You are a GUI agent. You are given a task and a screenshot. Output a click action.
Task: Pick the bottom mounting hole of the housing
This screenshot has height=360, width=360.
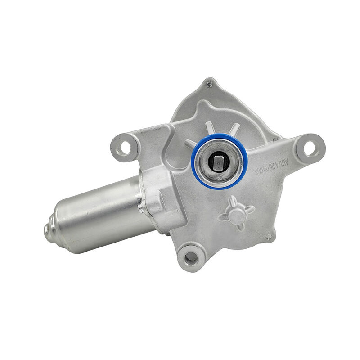point(191,257)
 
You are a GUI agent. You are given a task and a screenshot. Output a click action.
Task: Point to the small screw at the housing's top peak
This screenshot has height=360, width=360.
point(208,83)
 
